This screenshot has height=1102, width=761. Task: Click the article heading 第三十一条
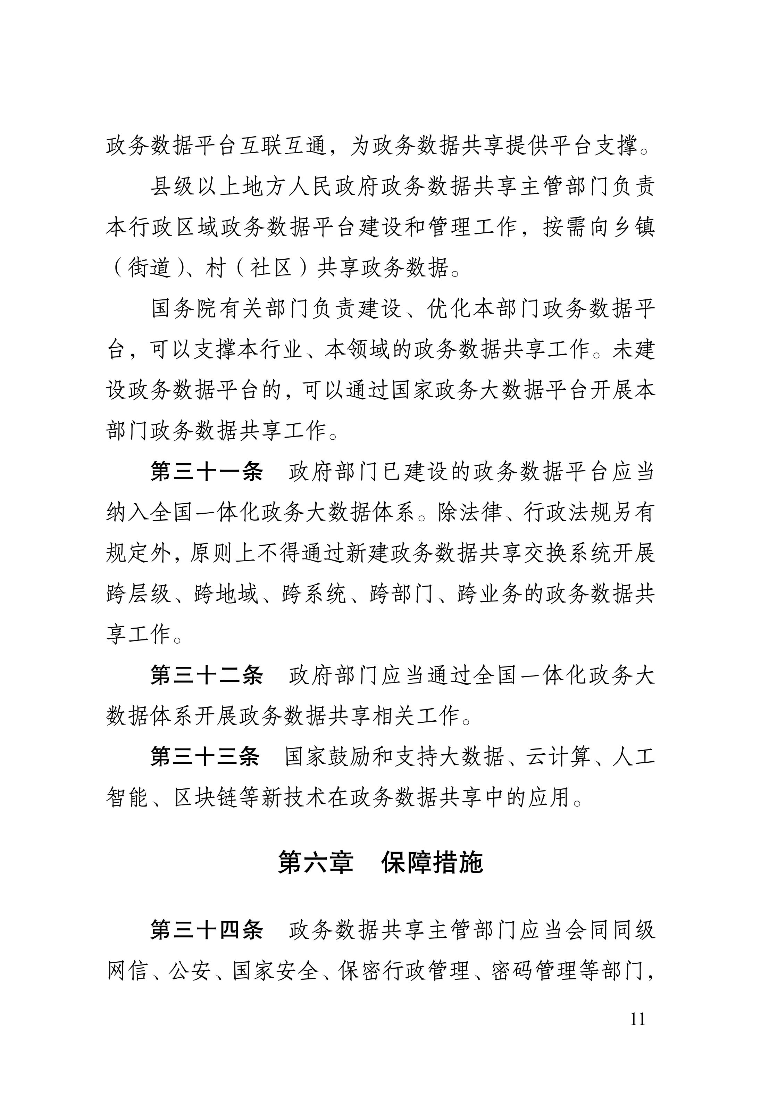pyautogui.click(x=207, y=472)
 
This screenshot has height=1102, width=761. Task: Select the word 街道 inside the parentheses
pyautogui.click(x=149, y=268)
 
